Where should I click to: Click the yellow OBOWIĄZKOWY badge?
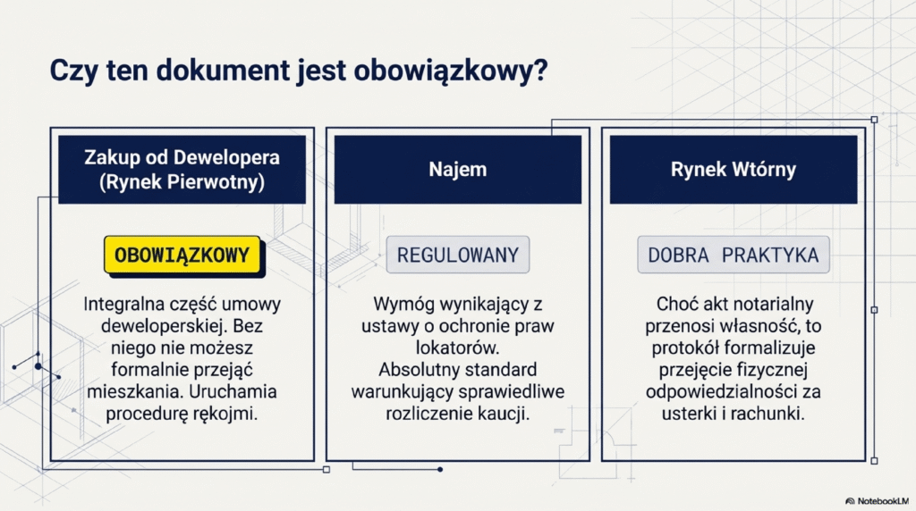182,255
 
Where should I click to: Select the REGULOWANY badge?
457,255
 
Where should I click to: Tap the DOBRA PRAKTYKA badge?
733,255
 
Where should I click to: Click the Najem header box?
457,169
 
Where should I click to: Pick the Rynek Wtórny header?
733,169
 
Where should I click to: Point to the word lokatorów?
457,347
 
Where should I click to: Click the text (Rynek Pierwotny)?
182,182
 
